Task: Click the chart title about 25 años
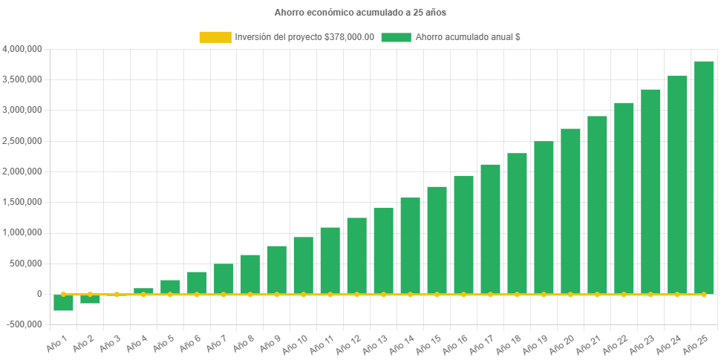[360, 13]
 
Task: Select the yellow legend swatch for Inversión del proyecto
[215, 37]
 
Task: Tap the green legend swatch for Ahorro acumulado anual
[396, 37]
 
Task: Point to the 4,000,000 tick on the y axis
[22, 49]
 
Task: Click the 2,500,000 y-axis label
[22, 141]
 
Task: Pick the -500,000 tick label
[24, 324]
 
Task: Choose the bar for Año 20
[570, 211]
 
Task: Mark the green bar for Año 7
[224, 278]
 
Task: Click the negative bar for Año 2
[90, 299]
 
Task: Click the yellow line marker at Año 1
[63, 295]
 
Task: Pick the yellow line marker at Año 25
[703, 295]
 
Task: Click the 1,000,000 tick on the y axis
[22, 232]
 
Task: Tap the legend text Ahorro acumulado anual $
[468, 37]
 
